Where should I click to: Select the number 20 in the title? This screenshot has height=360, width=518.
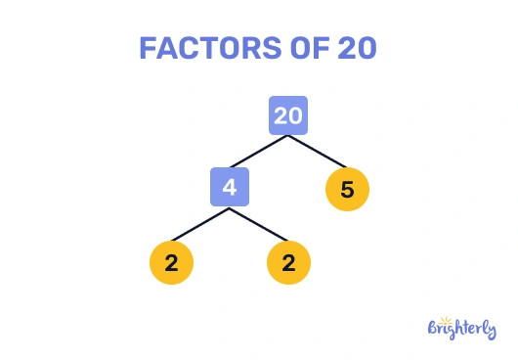pyautogui.click(x=356, y=49)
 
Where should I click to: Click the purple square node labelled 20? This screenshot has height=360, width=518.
pyautogui.click(x=288, y=115)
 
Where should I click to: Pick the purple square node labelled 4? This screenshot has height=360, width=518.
pyautogui.click(x=230, y=186)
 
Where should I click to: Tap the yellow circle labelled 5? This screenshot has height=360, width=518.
pyautogui.click(x=347, y=189)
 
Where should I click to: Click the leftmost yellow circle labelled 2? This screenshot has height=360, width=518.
pyautogui.click(x=172, y=262)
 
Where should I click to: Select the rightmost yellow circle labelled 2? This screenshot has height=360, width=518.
pyautogui.click(x=288, y=262)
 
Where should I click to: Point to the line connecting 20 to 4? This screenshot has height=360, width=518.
pyautogui.click(x=259, y=151)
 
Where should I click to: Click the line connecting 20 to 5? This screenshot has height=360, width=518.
pyautogui.click(x=318, y=151)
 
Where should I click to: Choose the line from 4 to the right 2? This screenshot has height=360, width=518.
pyautogui.click(x=259, y=224)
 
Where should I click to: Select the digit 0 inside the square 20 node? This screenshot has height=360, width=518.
pyautogui.click(x=296, y=115)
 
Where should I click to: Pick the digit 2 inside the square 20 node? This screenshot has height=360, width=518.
pyautogui.click(x=281, y=115)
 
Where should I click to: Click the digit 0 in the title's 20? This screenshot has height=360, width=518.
pyautogui.click(x=367, y=49)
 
